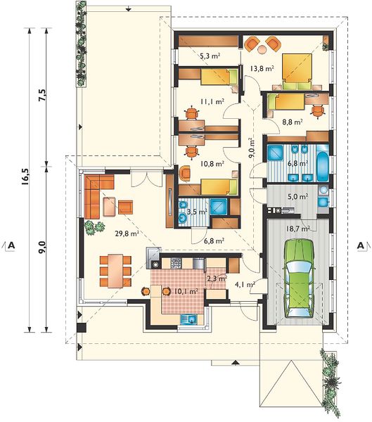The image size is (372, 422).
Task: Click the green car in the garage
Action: tap(299, 279)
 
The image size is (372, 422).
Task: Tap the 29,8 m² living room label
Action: tap(127, 234)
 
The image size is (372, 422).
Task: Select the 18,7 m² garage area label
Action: tap(297, 229)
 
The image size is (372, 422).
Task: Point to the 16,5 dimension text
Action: tap(25, 177)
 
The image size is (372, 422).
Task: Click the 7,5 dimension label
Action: tap(43, 94)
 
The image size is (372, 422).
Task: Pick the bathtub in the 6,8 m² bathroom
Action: tap(323, 163)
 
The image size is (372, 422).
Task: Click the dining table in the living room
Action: tap(116, 271)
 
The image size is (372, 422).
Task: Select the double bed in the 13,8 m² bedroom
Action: tap(297, 71)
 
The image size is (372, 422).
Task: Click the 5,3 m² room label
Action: tap(210, 56)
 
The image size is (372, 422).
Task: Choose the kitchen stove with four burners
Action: tap(176, 263)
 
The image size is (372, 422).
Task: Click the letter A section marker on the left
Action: tap(11, 245)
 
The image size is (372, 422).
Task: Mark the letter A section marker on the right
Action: tap(361, 245)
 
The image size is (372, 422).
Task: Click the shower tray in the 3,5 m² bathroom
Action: tap(218, 206)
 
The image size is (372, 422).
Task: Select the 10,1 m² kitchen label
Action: tap(186, 291)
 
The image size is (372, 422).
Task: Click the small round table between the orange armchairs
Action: tap(262, 49)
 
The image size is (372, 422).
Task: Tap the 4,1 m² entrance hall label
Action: tap(245, 284)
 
